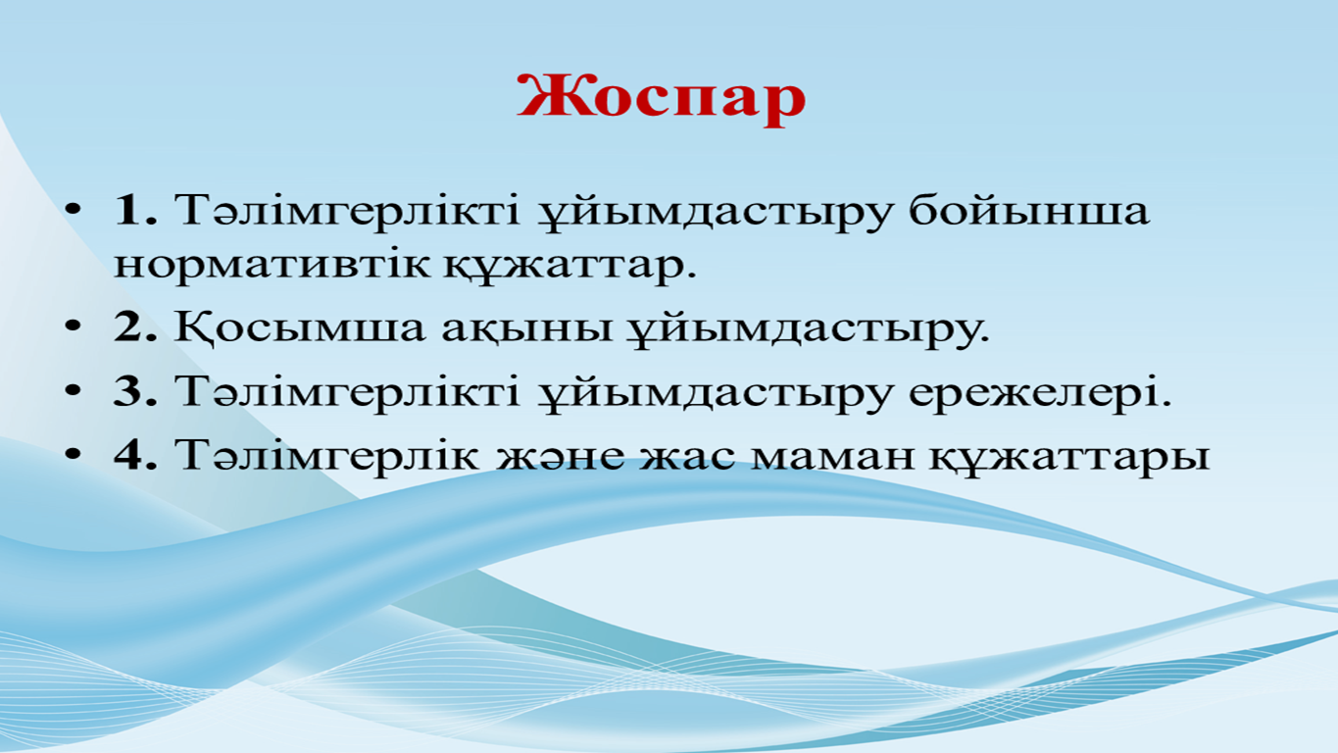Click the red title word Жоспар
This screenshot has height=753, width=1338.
click(662, 99)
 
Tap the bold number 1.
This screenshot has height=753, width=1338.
click(135, 210)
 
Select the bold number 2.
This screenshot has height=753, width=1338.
click(135, 326)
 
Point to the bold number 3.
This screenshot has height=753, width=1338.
click(135, 391)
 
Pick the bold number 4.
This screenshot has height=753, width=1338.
click(135, 455)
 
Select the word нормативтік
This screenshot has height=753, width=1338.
click(272, 264)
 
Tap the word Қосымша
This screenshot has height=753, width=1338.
click(300, 327)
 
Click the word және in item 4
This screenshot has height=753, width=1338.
click(561, 456)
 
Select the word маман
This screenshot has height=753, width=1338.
click(832, 456)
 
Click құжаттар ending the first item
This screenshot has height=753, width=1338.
click(570, 267)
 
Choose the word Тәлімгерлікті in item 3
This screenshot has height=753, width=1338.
click(347, 392)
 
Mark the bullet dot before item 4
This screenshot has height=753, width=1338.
click(73, 455)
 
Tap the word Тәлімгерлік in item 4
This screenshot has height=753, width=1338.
click(326, 456)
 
